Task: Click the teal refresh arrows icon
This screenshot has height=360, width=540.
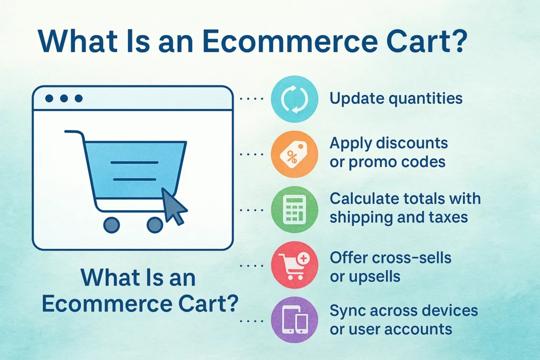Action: (x=294, y=99)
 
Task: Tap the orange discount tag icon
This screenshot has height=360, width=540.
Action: (x=294, y=154)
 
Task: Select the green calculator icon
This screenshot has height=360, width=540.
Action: (x=294, y=210)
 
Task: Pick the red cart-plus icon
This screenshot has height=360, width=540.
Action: (x=294, y=265)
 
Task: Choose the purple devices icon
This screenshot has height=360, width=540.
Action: (x=294, y=320)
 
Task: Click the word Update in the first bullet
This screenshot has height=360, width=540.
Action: (x=356, y=99)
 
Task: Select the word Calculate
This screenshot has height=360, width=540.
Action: (x=364, y=199)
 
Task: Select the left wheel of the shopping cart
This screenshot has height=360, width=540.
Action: (x=112, y=225)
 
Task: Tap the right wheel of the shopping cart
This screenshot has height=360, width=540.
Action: (x=155, y=225)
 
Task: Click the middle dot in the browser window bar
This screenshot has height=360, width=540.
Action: (x=64, y=99)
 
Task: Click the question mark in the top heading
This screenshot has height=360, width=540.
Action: (x=458, y=41)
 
